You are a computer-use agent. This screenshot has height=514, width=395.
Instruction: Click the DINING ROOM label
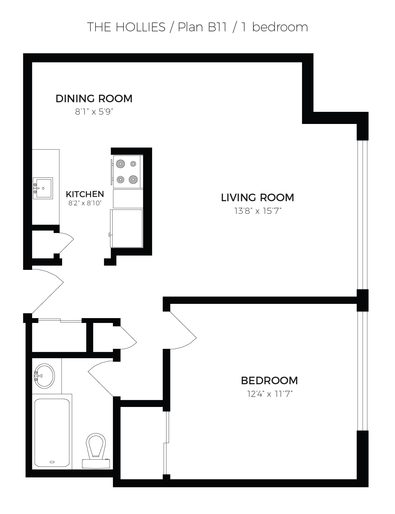pos(94,98)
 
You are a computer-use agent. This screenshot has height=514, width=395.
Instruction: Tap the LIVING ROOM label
pos(258,197)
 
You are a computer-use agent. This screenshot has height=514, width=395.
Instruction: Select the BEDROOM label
pos(269,380)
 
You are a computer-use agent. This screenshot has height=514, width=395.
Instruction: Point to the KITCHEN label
pos(85,194)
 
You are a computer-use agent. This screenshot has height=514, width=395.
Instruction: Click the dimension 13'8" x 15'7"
pos(258,211)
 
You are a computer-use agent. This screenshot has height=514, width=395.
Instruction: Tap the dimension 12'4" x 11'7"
pos(270,394)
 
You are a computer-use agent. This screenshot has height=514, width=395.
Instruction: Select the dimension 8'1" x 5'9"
pos(94,112)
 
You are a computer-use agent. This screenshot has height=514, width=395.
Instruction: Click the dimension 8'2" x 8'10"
pos(85,203)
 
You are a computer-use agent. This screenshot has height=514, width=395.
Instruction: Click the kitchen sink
pos(43,188)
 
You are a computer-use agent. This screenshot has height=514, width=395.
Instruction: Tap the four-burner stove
pos(127,172)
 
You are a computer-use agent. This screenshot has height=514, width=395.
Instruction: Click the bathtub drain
pos(52,462)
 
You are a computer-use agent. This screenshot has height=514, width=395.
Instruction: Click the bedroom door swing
pos(183,330)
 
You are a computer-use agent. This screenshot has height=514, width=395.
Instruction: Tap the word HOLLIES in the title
pos(141,27)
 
